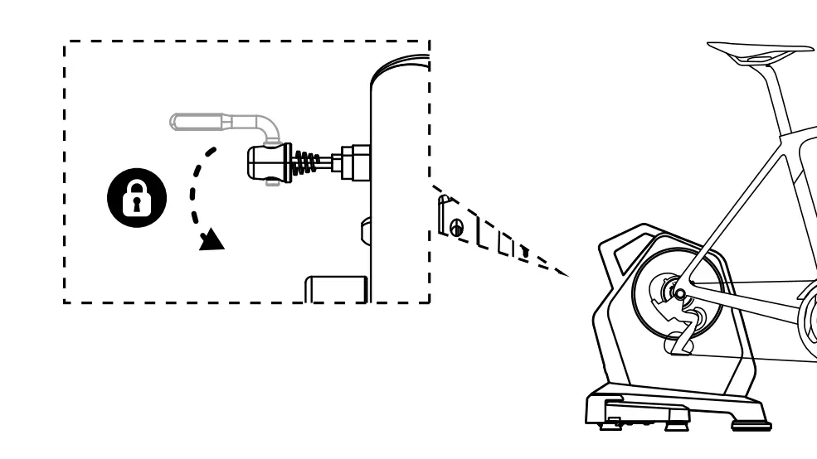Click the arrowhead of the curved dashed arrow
pos(214,239)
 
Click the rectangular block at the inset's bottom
pos(336,288)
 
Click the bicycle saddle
pos(759,52)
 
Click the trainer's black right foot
pos(750,425)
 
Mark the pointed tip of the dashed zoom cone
pos(570,274)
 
